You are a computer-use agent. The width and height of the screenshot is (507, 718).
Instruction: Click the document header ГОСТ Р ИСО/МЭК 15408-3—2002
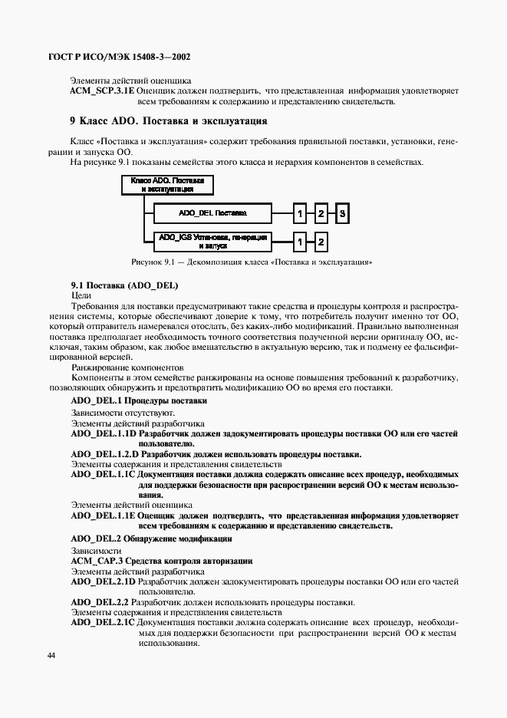120,57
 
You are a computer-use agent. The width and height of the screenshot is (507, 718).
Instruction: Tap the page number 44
51,655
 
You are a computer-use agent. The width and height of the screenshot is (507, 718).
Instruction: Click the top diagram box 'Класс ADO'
167,185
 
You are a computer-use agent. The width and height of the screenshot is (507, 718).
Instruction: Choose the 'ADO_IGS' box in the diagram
212,241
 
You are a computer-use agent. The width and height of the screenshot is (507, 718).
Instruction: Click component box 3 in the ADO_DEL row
344,212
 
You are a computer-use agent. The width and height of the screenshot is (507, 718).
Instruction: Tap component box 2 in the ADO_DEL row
322,212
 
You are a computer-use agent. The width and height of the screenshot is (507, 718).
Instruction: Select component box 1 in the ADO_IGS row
300,242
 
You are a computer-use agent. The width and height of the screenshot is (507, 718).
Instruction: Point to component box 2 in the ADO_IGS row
322,242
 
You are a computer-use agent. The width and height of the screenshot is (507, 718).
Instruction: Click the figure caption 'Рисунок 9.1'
252,262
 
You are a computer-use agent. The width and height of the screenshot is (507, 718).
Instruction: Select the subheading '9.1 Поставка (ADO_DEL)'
124,285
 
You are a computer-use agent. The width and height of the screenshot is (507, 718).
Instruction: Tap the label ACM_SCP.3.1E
102,91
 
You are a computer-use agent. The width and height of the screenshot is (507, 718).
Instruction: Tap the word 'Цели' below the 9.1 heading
81,295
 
